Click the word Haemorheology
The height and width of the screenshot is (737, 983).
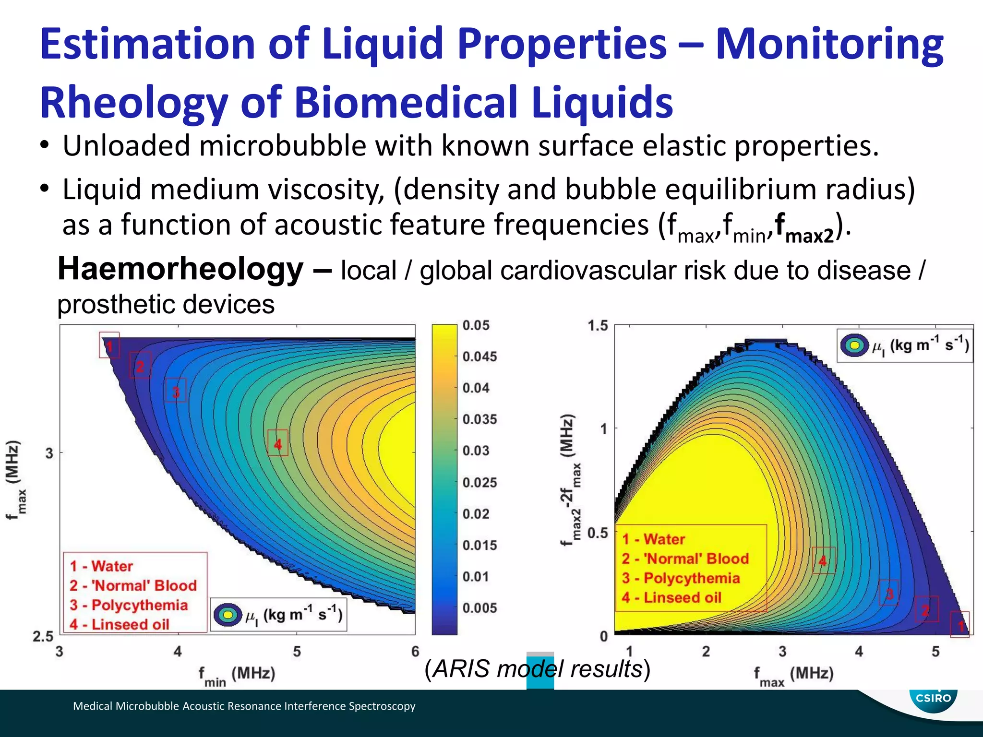click(180, 269)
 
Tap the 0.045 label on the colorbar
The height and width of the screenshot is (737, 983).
click(480, 357)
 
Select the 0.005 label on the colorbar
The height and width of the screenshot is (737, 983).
click(480, 608)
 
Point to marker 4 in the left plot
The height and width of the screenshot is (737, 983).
click(278, 443)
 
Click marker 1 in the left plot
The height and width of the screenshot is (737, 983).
click(109, 345)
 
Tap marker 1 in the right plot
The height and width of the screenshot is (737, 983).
click(960, 625)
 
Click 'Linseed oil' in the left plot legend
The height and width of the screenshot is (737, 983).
click(130, 624)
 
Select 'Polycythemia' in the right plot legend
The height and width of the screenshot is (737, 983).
click(691, 578)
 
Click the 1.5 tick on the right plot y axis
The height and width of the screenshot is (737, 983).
click(598, 326)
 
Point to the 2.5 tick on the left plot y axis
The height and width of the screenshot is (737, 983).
click(43, 637)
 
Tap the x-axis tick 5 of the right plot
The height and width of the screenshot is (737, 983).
click(935, 652)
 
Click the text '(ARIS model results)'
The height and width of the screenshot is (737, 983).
click(537, 669)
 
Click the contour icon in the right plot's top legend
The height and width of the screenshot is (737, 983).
click(854, 345)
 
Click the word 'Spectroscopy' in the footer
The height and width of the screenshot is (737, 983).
click(382, 706)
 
